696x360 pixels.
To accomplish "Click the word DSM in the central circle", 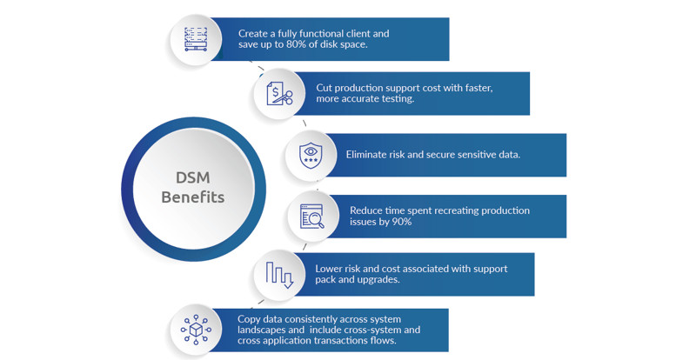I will (193, 177).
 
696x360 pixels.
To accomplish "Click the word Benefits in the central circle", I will (193, 197).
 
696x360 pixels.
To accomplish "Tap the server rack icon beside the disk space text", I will (196, 39).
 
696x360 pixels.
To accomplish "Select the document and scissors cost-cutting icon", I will (280, 93).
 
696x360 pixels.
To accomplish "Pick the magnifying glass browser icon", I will (311, 215).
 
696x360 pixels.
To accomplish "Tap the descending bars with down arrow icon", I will (279, 275).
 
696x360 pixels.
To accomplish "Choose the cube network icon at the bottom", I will (195, 330).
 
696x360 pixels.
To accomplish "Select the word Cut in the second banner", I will (325, 87).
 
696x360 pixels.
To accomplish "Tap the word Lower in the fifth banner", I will (331, 269).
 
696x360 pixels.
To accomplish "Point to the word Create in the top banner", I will (255, 33).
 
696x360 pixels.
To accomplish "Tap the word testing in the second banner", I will (396, 98).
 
